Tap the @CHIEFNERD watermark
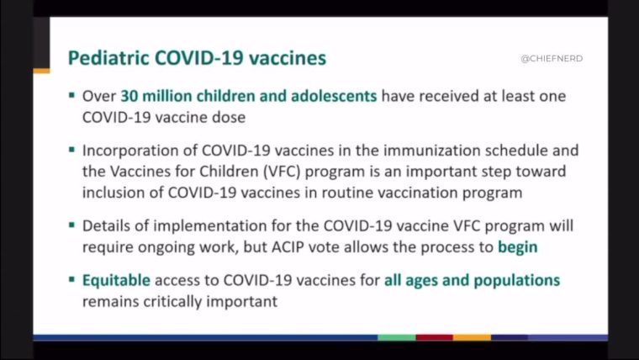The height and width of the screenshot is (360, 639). tap(552, 58)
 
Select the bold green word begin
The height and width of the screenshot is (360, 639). tap(518, 247)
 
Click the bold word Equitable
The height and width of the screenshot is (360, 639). tap(116, 280)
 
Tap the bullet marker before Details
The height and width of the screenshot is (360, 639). tap(71, 225)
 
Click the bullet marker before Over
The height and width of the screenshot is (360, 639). tap(71, 95)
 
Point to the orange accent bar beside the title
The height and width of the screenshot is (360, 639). tap(41, 71)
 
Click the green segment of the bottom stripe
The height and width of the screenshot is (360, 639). tap(397, 337)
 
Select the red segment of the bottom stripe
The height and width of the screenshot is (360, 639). tap(435, 337)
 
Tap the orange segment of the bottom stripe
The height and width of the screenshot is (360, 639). tap(472, 337)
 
